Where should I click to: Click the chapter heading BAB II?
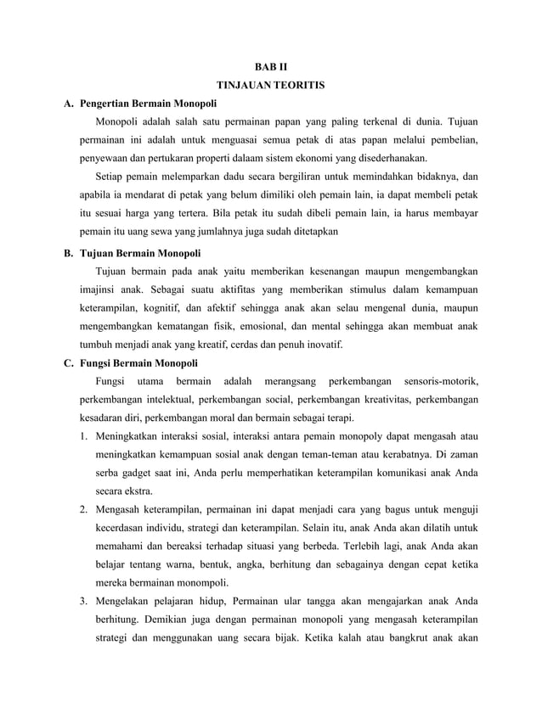tap(271, 66)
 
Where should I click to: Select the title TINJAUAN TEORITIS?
tap(271, 86)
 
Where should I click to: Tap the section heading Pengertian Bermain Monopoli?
tap(148, 105)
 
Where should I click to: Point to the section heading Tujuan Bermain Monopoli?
tap(139, 254)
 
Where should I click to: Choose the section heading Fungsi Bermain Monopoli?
tap(138, 363)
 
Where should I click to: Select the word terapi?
tap(338, 418)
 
